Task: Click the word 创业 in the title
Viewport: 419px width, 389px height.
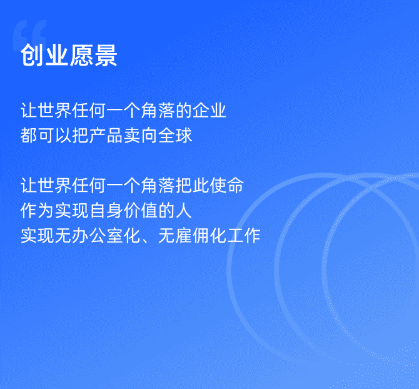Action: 44,55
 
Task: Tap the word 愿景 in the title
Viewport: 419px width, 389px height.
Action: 93,55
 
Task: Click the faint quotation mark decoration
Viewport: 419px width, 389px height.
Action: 29,35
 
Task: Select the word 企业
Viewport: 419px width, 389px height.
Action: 209,110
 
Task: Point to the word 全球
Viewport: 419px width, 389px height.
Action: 175,135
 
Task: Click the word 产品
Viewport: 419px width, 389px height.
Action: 106,135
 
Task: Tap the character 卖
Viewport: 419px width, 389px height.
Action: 133,135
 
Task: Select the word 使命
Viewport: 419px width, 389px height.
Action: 227,185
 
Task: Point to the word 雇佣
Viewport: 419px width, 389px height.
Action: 193,236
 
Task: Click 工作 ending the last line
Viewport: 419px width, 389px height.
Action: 244,236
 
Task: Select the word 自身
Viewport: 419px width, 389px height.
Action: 106,211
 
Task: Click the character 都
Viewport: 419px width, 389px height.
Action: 29,135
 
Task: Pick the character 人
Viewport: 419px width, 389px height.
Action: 184,211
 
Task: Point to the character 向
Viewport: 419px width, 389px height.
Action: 149,135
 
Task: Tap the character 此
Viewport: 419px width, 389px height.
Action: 201,185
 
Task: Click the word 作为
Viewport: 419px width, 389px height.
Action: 38,211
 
